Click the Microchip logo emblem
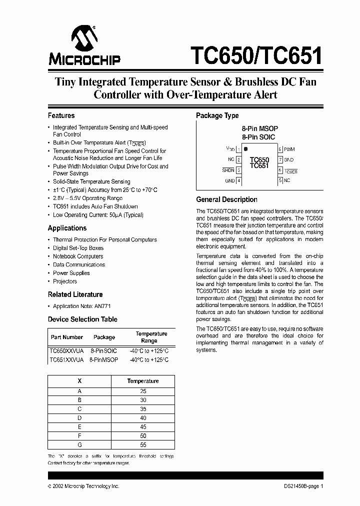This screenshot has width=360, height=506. coord(83,38)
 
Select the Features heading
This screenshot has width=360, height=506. coord(61,115)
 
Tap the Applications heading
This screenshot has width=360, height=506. coord(67,228)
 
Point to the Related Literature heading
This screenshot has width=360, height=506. coord(75,294)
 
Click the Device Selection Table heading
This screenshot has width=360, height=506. coord(82,319)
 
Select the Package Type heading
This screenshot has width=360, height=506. coord(217,115)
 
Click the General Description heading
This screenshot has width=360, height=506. coord(226,199)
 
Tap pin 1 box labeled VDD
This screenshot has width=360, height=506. coord(238,149)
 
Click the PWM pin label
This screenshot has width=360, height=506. coord(289,149)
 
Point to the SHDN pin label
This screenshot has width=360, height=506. coord(228,170)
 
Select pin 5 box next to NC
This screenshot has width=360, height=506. coord(280,180)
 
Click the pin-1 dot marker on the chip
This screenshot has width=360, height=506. coord(245,149)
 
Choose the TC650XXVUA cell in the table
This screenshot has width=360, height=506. coord(66,351)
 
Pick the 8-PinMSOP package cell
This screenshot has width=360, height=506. coord(104,360)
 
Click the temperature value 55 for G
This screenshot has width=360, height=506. coord(143,444)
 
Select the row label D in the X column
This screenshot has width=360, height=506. coord(79,417)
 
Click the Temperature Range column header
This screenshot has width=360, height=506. coord(151,337)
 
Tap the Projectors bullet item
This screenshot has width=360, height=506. coord(65,281)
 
